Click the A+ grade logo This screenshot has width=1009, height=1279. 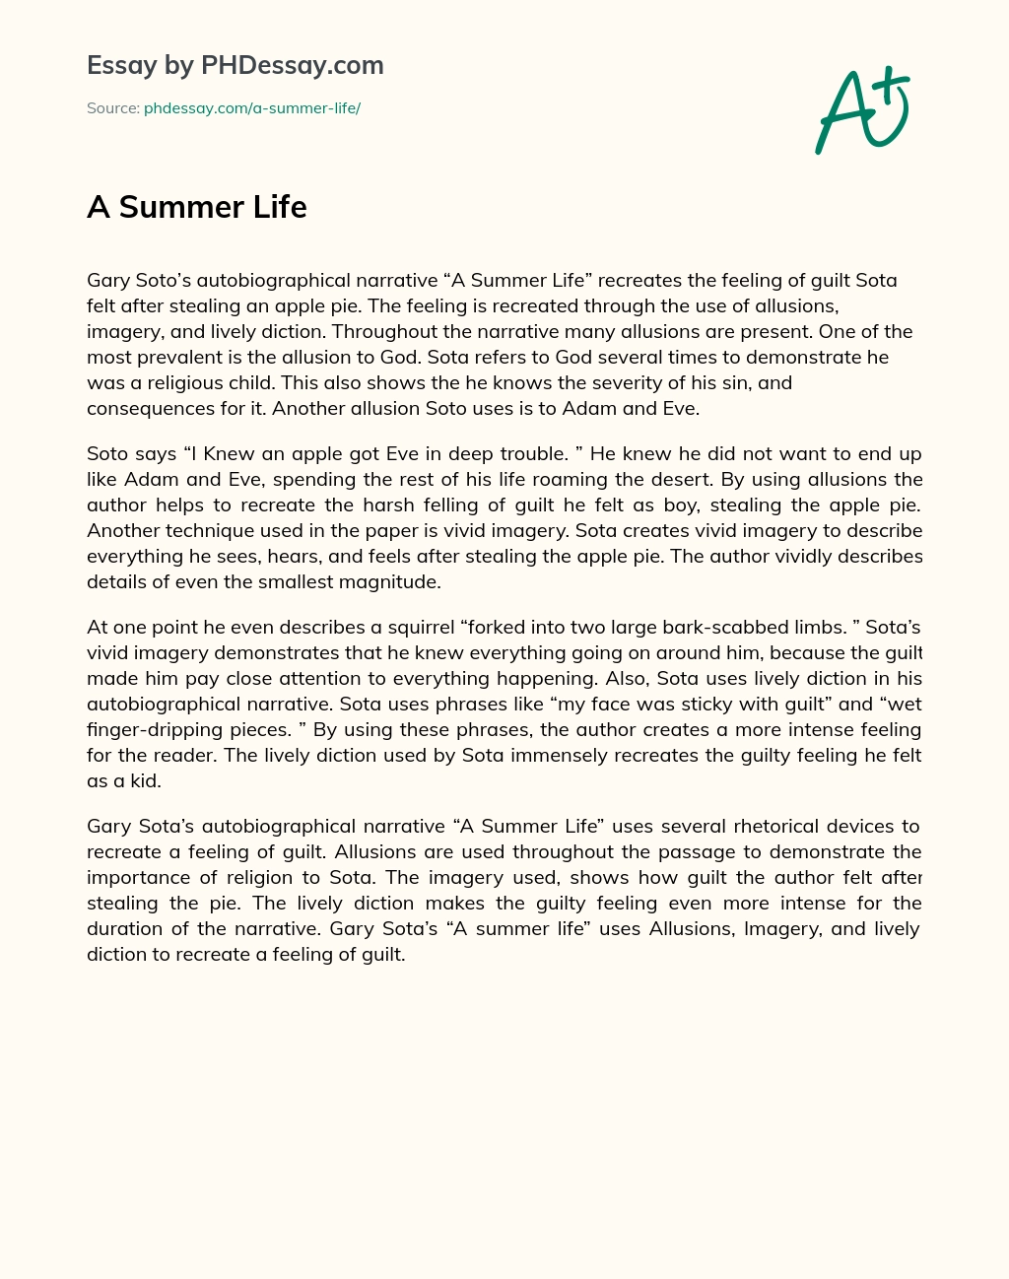tap(860, 110)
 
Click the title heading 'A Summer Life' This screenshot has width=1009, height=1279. tap(197, 207)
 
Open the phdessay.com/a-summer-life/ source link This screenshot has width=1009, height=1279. tap(252, 108)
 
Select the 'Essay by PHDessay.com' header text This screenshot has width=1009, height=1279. tap(235, 65)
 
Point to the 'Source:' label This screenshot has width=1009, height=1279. tap(112, 108)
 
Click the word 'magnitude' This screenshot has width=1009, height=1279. tap(390, 582)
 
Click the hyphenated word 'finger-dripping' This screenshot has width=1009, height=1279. tap(152, 730)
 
